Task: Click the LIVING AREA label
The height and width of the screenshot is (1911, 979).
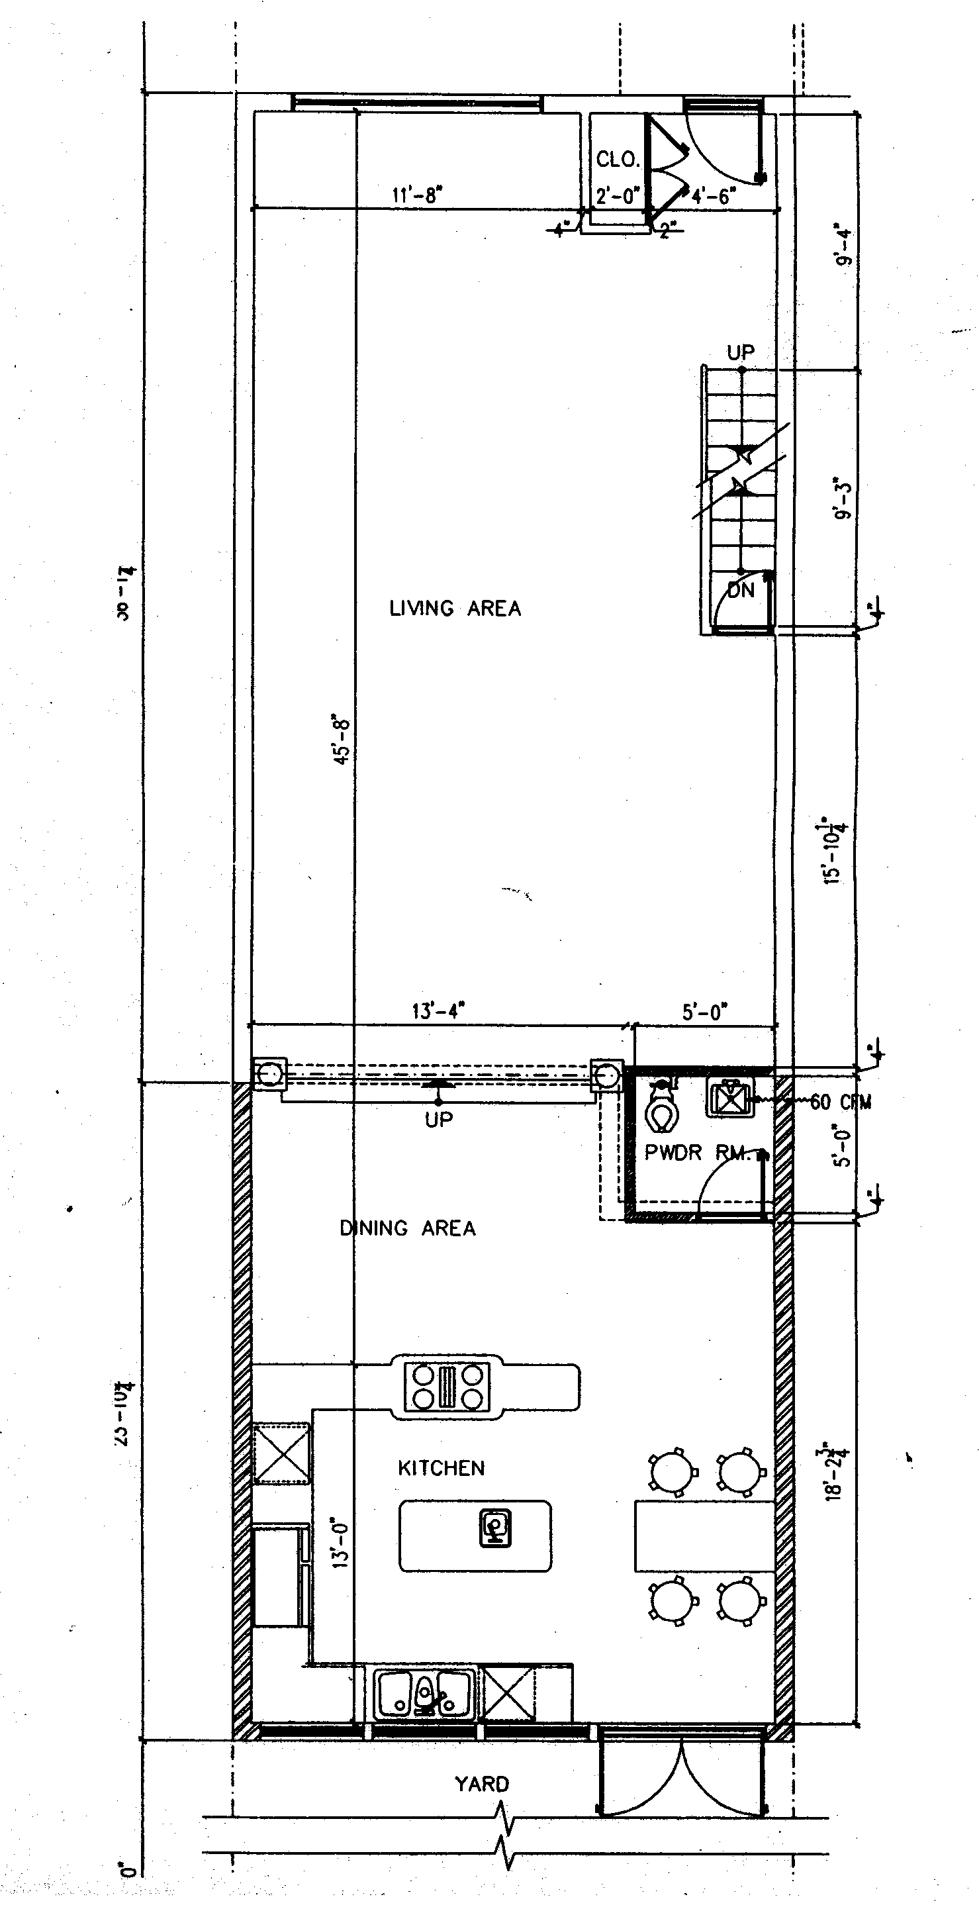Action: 455,609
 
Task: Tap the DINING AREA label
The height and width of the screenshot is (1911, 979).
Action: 407,1228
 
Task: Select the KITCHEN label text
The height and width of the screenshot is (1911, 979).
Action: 441,1468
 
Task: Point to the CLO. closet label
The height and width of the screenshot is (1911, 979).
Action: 617,160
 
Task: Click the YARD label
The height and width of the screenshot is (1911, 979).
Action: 482,1784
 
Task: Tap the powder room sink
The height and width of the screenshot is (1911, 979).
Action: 729,1097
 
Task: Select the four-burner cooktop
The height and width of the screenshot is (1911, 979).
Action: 447,1387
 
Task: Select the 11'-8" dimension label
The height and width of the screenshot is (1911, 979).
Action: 417,196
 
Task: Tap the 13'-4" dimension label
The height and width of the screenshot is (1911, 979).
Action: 438,1010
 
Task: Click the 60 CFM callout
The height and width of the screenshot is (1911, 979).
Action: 840,1102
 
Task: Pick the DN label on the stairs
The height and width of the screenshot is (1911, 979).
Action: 740,591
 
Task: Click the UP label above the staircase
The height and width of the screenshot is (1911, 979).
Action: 740,352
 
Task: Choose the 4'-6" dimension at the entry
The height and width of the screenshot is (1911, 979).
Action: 714,197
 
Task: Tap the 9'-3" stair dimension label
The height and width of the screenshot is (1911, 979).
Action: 844,497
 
